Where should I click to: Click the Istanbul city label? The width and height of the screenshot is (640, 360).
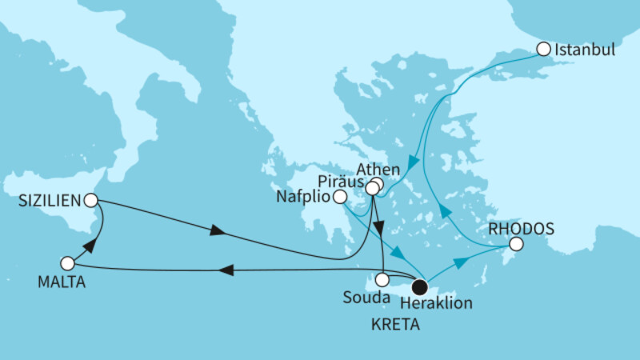[584, 50]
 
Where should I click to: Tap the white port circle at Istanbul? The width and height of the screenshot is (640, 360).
[543, 49]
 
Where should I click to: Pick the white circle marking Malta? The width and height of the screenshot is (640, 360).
[67, 262]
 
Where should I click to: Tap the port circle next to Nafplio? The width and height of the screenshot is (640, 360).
[340, 196]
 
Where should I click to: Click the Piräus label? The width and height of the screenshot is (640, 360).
[341, 181]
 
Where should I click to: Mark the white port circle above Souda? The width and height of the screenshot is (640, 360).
[382, 280]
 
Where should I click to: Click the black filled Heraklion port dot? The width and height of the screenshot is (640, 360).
[418, 284]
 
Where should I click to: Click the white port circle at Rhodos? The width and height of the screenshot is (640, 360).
[516, 244]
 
